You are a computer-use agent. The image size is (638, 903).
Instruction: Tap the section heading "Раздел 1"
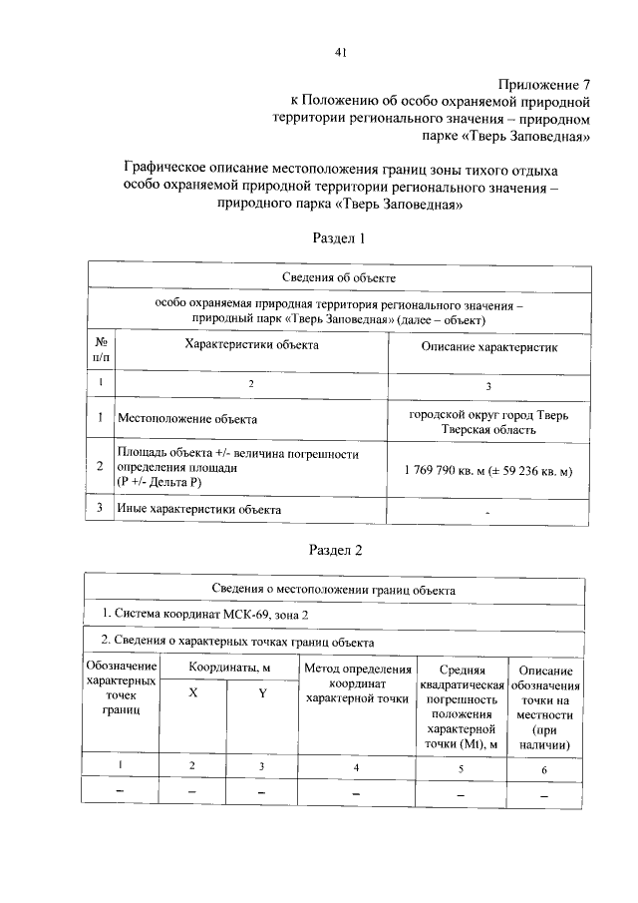pos(340,238)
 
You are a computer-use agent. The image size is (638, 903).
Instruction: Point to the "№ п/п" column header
pos(101,351)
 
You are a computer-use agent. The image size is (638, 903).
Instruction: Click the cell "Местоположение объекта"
pos(187,420)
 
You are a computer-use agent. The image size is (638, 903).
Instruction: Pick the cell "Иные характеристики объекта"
pos(198,510)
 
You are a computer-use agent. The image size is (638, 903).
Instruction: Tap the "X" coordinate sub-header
pos(193,695)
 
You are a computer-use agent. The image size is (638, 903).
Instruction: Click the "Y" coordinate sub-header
pos(262,695)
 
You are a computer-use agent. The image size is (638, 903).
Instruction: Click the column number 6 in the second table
pos(544,768)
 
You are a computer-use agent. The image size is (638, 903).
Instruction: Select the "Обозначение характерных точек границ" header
pos(121,687)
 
